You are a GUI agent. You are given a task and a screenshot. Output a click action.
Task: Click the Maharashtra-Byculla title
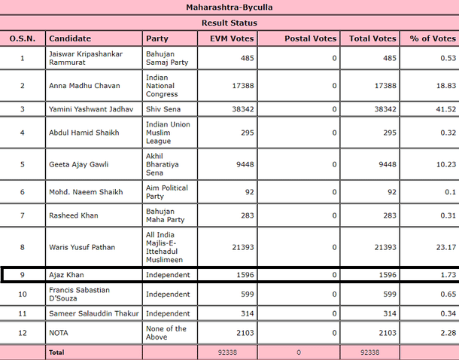(229, 8)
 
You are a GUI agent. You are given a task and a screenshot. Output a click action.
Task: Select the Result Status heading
(229, 23)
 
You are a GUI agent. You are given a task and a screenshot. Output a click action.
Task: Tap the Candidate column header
(69, 38)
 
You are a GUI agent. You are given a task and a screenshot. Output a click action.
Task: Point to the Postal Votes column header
(309, 38)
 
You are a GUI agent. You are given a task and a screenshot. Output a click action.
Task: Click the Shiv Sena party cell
(163, 109)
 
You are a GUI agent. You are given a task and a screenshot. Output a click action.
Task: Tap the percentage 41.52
(445, 109)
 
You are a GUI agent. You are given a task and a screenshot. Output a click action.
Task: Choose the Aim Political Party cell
(167, 192)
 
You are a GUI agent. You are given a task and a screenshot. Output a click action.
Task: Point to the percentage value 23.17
(445, 247)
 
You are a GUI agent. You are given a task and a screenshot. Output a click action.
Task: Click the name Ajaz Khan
(67, 275)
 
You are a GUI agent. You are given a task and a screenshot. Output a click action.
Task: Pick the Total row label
(57, 352)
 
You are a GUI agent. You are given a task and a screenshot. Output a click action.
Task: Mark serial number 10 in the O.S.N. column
(23, 294)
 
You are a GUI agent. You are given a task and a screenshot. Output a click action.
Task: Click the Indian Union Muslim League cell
(168, 133)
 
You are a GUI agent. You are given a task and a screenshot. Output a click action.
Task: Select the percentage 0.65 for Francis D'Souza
(445, 294)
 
